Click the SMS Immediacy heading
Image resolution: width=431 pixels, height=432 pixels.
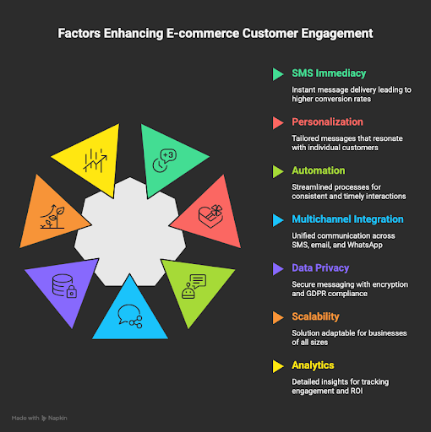(328, 73)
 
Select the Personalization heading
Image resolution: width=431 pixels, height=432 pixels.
(327, 122)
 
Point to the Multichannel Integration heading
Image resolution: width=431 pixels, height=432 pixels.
(347, 219)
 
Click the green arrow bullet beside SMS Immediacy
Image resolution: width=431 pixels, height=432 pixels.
(277, 73)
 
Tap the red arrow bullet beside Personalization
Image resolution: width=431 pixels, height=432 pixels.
(277, 122)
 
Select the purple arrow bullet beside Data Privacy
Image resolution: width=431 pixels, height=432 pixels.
(277, 267)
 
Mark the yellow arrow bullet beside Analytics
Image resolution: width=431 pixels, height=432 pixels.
(277, 365)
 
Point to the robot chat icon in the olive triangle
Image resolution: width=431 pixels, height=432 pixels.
(194, 286)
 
